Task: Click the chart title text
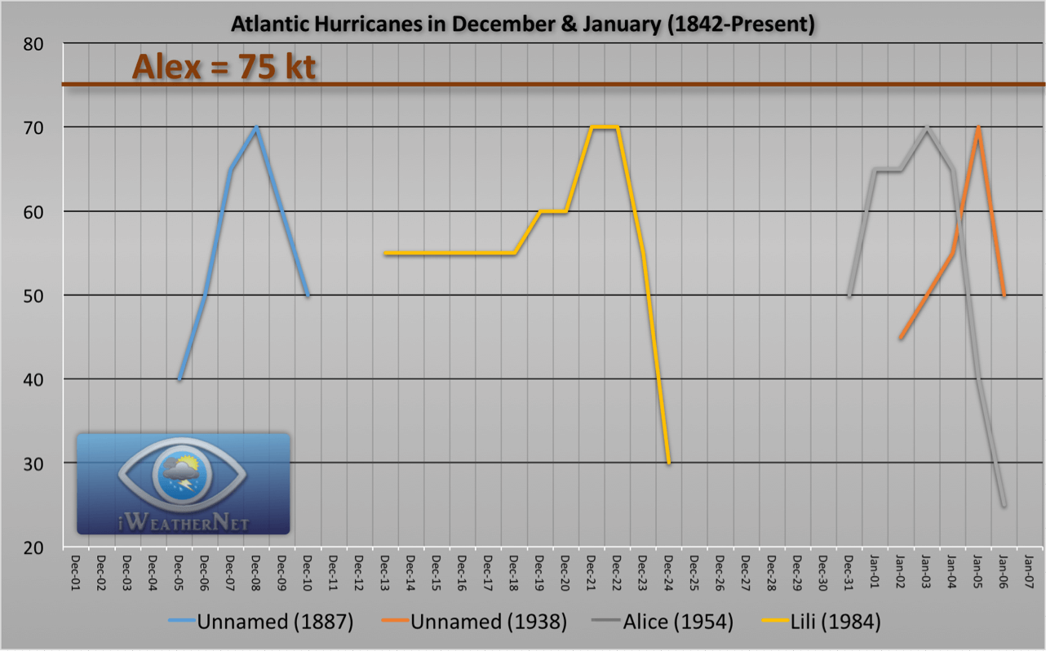[523, 24]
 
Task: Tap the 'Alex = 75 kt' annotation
[224, 68]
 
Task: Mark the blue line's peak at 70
[256, 127]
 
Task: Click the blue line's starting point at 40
[180, 379]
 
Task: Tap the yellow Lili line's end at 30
[669, 463]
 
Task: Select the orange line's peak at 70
[977, 127]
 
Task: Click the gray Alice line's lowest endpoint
[1004, 505]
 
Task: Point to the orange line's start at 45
[901, 338]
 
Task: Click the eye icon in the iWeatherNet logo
[183, 473]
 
